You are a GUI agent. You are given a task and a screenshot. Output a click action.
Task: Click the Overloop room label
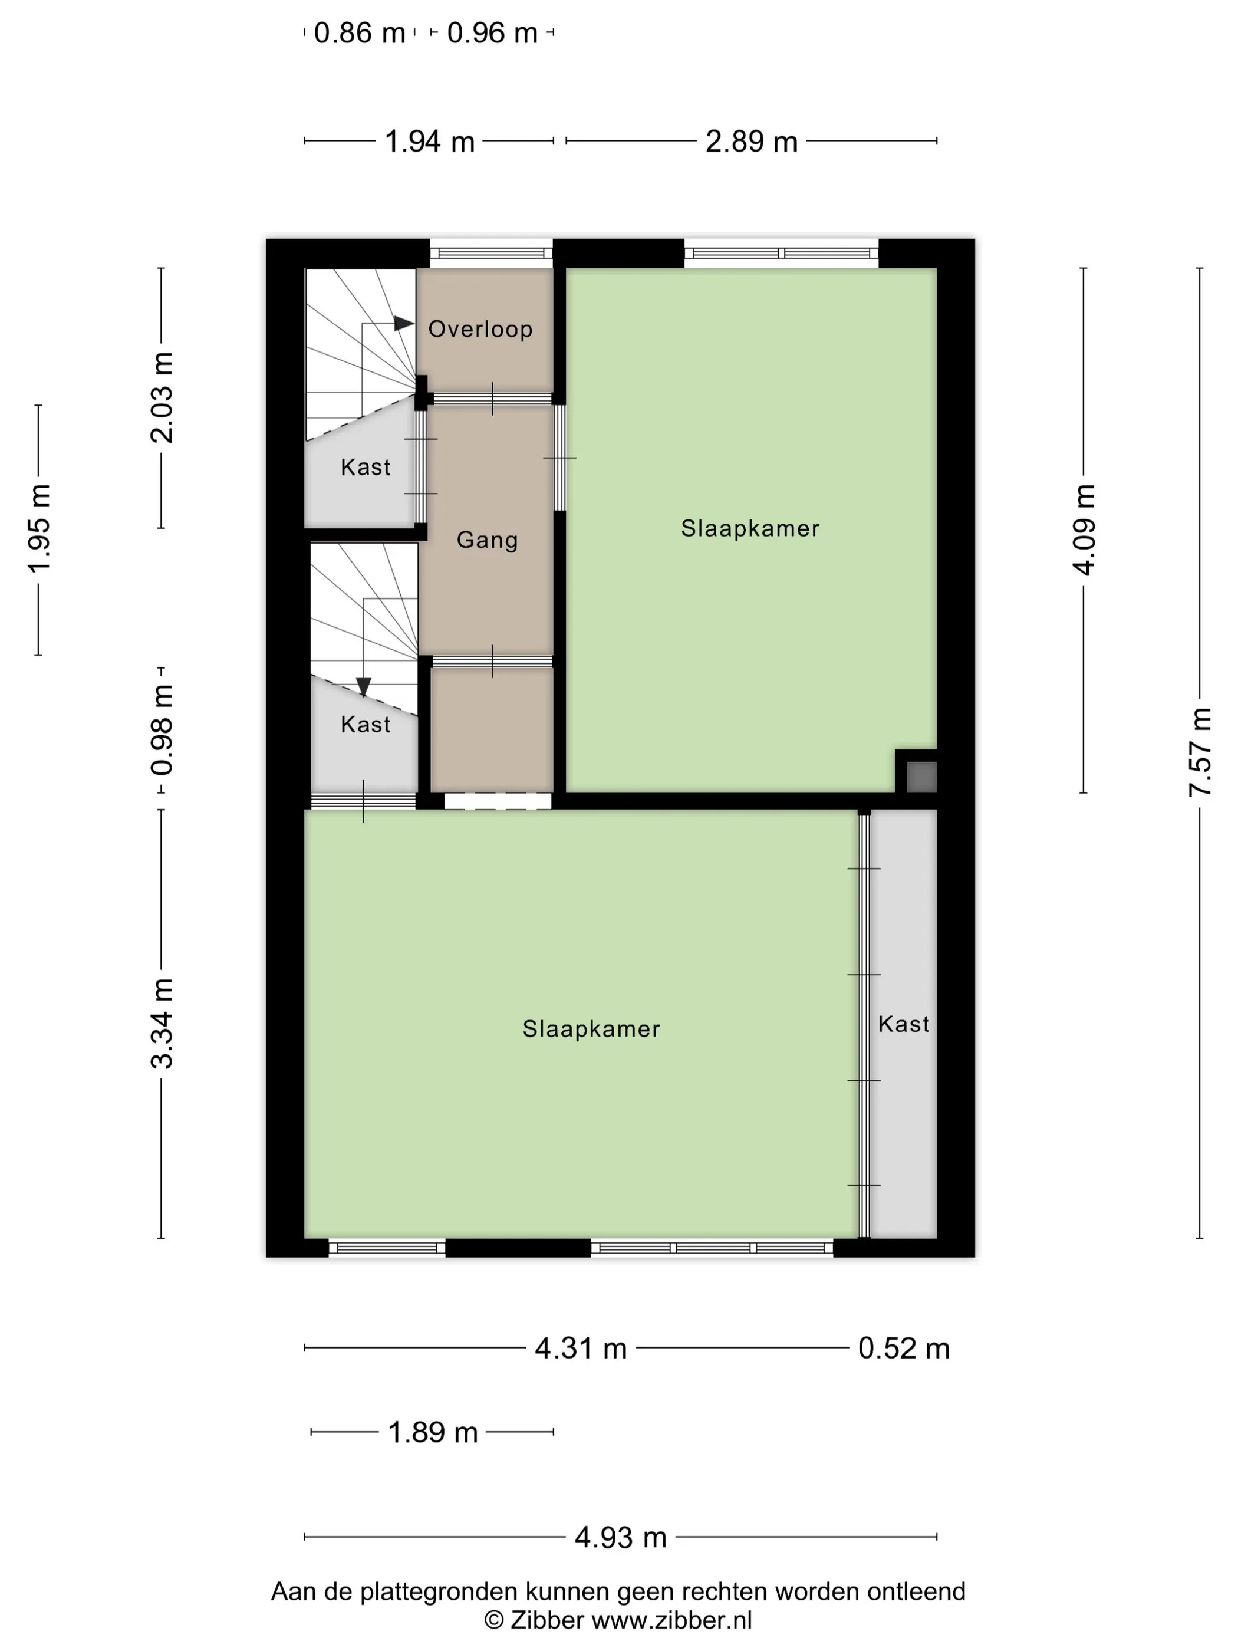click(480, 329)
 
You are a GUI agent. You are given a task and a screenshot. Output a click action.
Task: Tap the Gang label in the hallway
click(486, 540)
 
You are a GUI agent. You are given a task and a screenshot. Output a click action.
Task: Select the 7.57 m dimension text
click(1199, 752)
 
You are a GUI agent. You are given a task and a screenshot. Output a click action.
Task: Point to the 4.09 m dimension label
click(1084, 529)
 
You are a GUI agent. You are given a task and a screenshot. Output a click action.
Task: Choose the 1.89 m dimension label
click(432, 1432)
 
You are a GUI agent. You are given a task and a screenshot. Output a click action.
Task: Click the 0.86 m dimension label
click(359, 34)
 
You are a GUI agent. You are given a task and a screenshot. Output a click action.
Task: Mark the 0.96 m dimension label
click(492, 34)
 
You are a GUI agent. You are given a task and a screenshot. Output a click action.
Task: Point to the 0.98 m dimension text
click(161, 730)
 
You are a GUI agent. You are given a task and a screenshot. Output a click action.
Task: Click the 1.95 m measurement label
click(39, 529)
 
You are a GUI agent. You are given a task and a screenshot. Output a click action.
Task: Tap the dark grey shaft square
click(921, 776)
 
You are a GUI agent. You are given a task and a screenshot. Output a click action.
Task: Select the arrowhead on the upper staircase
click(404, 323)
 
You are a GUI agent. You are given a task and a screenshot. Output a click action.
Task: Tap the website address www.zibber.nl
click(671, 1620)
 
